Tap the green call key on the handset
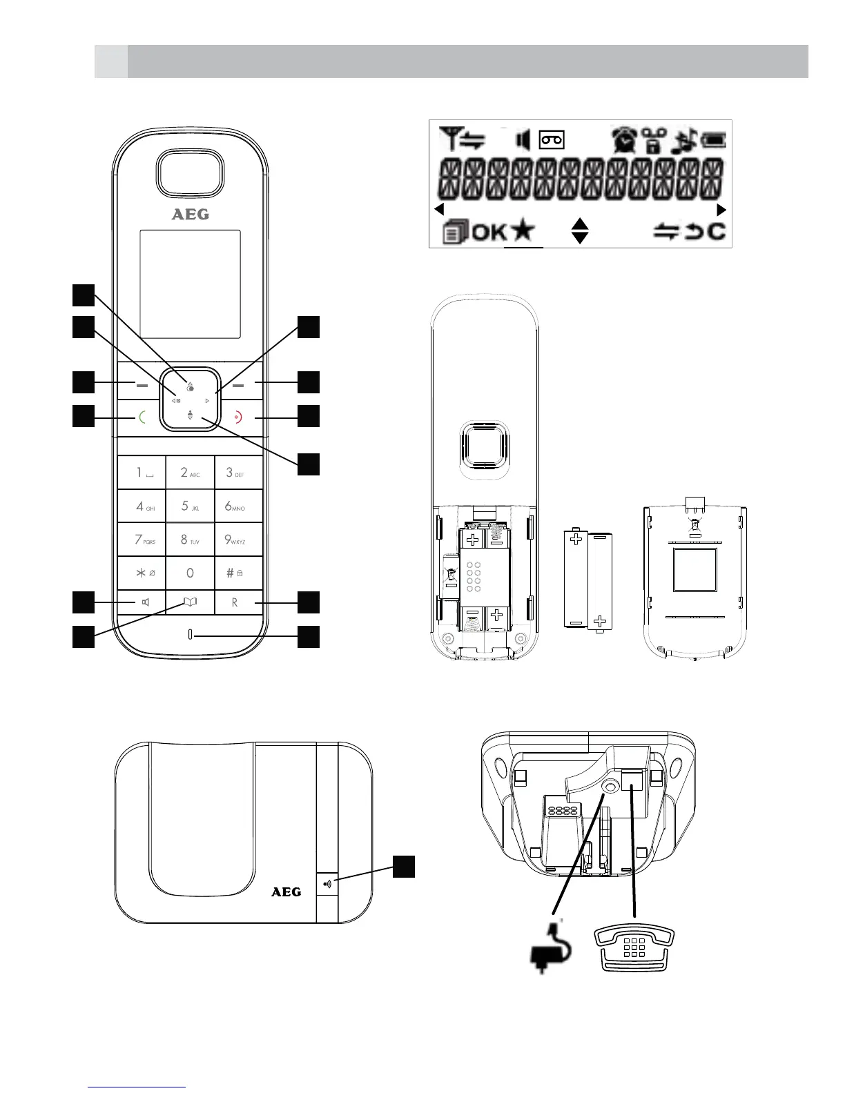point(141,417)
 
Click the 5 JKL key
point(190,506)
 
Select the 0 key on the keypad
point(190,573)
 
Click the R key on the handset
point(238,602)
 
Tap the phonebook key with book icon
point(190,602)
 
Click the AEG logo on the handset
point(190,215)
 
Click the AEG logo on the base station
point(286,892)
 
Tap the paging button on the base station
point(327,883)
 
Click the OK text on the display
point(489,232)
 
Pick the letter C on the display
point(717,231)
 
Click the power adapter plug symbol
point(550,953)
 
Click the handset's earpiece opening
point(190,173)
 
